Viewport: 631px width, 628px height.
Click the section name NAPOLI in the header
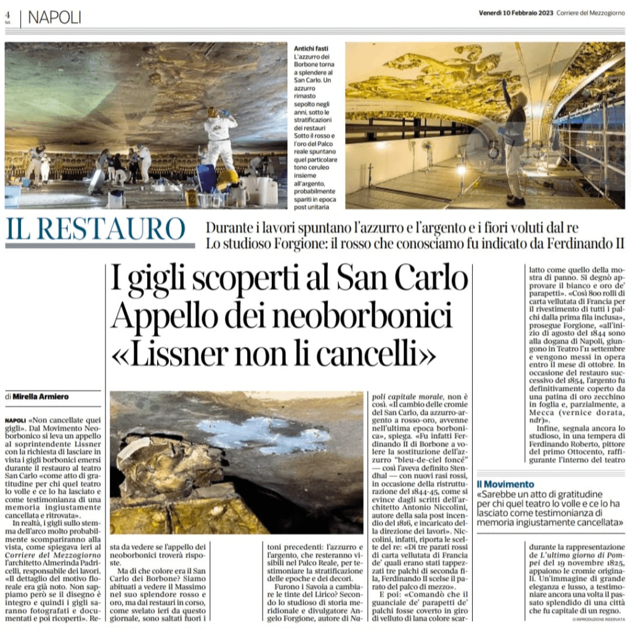tap(54, 18)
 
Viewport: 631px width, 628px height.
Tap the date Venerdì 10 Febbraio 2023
tap(516, 14)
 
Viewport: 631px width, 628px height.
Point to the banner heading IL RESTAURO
tap(96, 229)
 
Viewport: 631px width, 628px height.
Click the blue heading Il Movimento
tap(506, 484)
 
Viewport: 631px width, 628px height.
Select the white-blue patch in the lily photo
tap(265, 434)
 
